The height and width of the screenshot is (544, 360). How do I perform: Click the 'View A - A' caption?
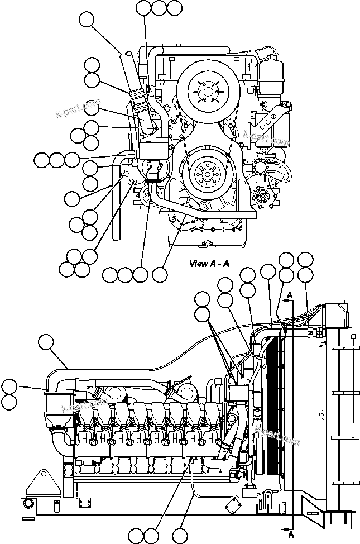tap(209, 264)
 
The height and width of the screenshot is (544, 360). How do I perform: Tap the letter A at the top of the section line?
tap(290, 294)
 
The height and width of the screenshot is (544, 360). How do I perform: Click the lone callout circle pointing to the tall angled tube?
tap(87, 20)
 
